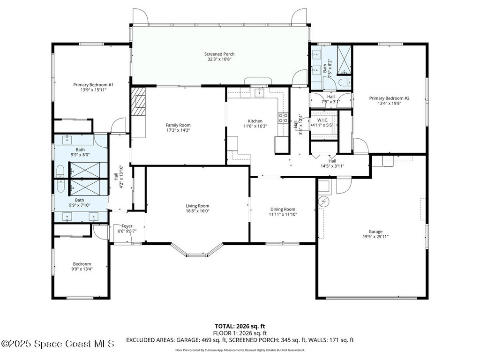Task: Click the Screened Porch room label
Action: [x=219, y=54]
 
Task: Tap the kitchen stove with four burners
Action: [x=283, y=118]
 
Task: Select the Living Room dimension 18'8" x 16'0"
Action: [x=197, y=211]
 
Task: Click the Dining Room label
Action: [x=283, y=209]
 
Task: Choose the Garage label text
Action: [x=375, y=232]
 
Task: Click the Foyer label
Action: [x=127, y=226]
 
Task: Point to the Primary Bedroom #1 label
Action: [x=93, y=85]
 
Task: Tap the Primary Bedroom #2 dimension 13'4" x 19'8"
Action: [x=389, y=104]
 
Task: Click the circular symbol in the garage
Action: [x=323, y=202]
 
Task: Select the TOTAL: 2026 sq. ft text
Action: [x=240, y=326]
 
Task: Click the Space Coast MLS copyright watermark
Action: [x=58, y=344]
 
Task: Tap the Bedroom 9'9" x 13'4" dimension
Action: [x=82, y=269]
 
